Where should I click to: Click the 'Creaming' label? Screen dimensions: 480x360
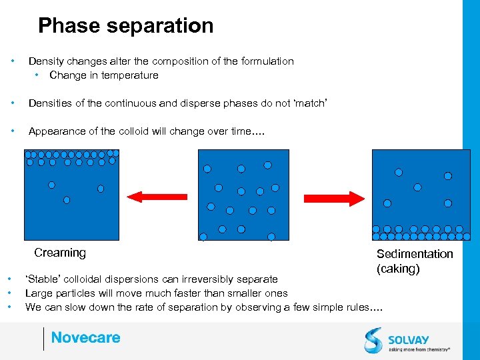(x=60, y=253)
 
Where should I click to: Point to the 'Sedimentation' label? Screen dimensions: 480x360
(x=415, y=254)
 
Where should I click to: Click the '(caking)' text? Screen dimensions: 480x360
(x=398, y=269)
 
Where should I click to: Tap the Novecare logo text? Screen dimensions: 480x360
(x=85, y=337)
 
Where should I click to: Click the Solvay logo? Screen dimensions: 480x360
(x=407, y=339)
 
